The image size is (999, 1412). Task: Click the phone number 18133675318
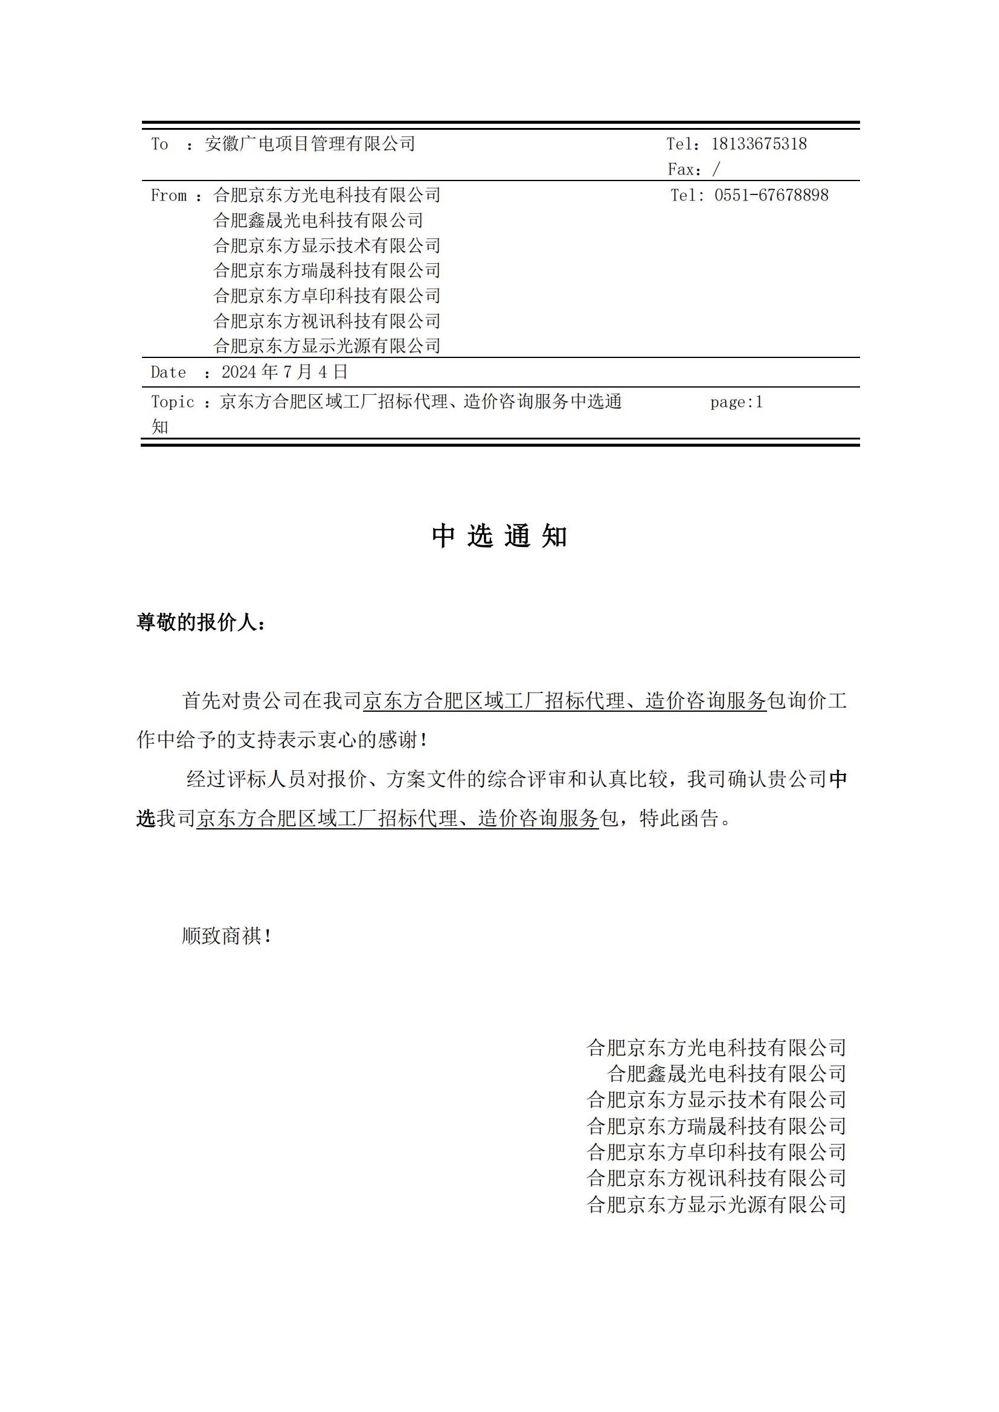pos(759,144)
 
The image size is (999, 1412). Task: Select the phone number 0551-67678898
pos(771,196)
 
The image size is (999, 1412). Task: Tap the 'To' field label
pos(159,144)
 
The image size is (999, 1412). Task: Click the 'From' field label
pos(169,196)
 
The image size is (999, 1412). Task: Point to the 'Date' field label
pos(168,372)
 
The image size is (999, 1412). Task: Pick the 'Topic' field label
pos(172,402)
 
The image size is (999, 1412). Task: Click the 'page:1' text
pos(736,402)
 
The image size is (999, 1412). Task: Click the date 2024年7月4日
pos(285,372)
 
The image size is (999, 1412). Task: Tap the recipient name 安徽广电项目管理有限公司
pos(310,144)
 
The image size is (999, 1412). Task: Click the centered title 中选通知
pos(499,536)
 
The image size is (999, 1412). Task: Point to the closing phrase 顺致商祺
pos(225,936)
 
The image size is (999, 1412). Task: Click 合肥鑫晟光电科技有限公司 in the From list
pos(318,220)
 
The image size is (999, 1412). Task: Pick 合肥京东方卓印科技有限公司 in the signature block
pos(717,1151)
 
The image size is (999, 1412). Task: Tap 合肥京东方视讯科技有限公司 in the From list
pos(327,321)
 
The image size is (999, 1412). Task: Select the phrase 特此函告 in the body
pos(678,819)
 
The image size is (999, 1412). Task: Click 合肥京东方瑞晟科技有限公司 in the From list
pos(327,270)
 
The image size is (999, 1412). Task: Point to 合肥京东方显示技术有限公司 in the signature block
pos(717,1099)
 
